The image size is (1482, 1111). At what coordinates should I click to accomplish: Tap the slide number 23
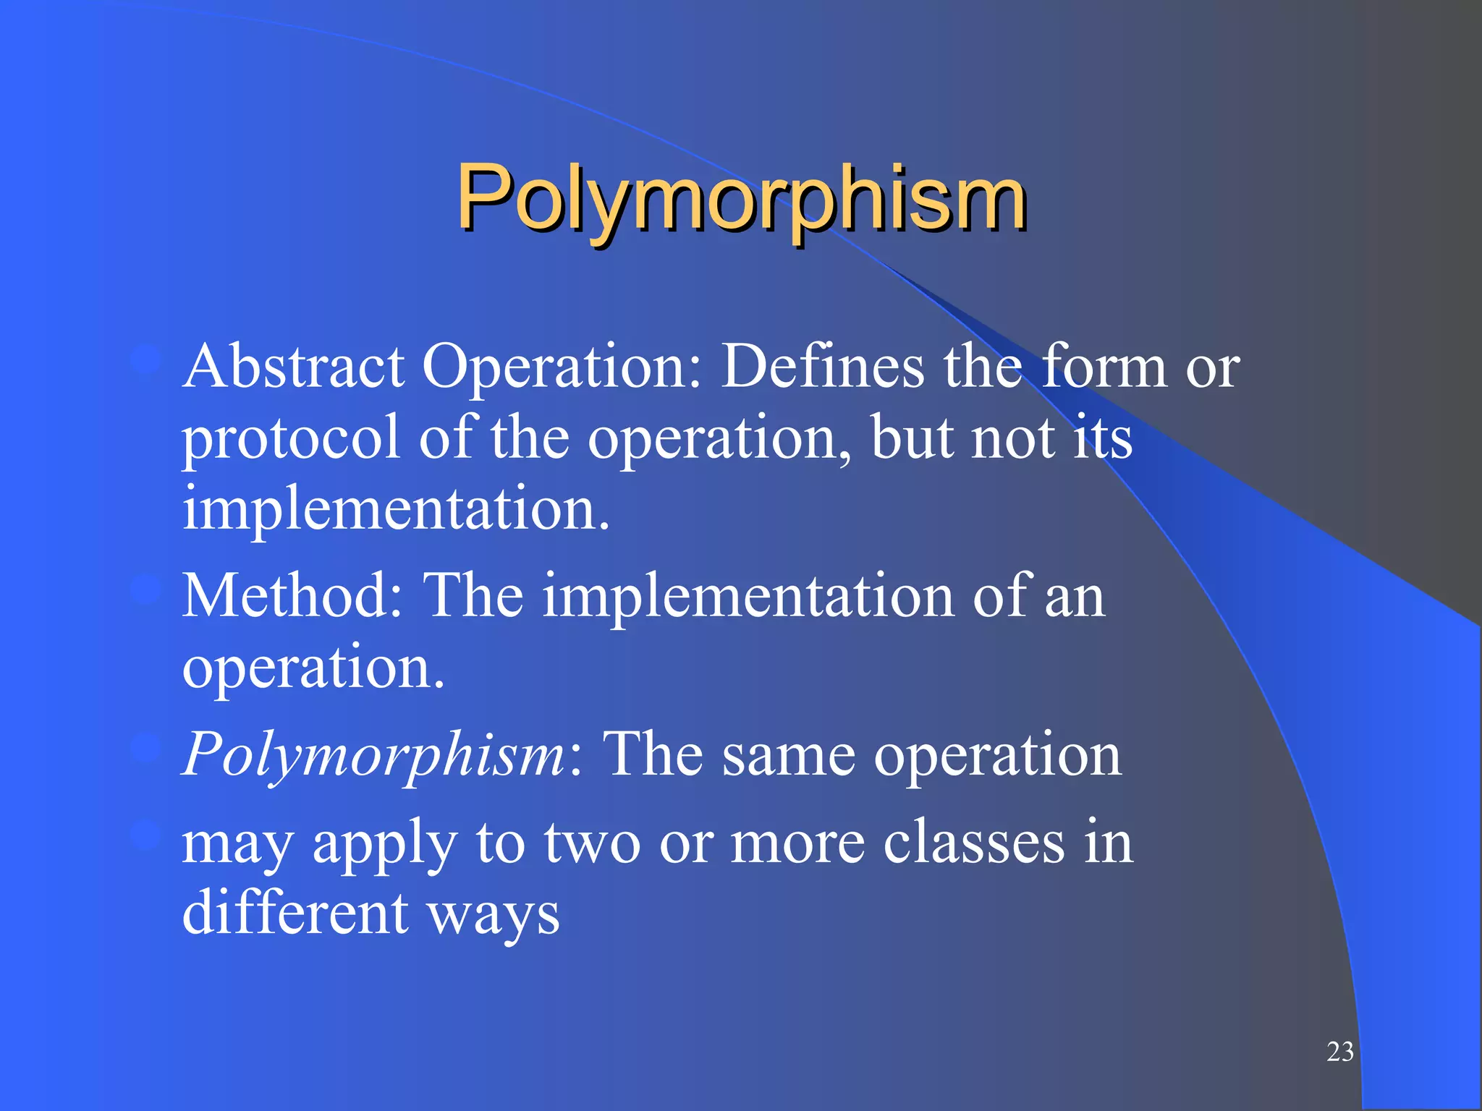tap(1339, 1052)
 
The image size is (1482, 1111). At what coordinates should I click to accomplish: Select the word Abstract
tap(293, 367)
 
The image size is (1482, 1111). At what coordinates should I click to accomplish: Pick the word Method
tap(292, 596)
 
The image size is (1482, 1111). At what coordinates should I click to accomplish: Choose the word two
tap(592, 843)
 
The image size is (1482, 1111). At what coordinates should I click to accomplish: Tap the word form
tap(1104, 367)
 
